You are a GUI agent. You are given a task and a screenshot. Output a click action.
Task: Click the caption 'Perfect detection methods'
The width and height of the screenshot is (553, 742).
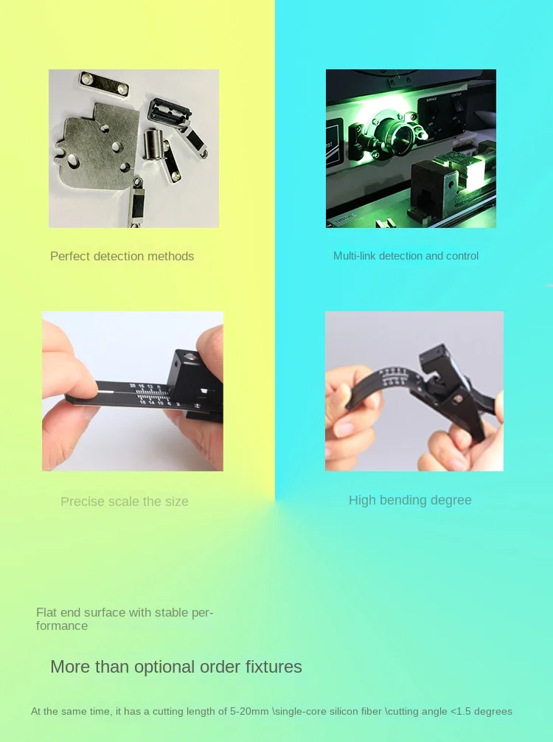click(122, 256)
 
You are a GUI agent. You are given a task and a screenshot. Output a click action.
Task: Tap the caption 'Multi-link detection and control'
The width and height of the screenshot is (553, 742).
click(406, 256)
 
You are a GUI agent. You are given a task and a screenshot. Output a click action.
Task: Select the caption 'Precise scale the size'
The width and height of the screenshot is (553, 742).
click(125, 502)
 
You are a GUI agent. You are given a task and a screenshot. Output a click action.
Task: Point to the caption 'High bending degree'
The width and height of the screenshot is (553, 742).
click(410, 500)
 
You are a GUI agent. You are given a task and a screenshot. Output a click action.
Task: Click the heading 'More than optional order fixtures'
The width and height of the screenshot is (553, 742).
click(176, 667)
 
